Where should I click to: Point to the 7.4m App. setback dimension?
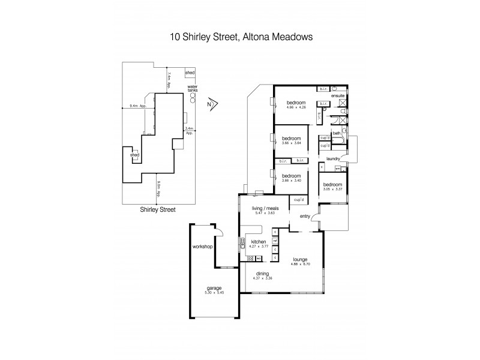pyautogui.click(x=170, y=76)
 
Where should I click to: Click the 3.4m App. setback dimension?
pyautogui.click(x=189, y=131)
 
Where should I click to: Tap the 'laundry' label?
pyautogui.click(x=334, y=159)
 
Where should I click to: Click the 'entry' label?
pyautogui.click(x=305, y=217)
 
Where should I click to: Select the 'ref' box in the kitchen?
pyautogui.click(x=275, y=241)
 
